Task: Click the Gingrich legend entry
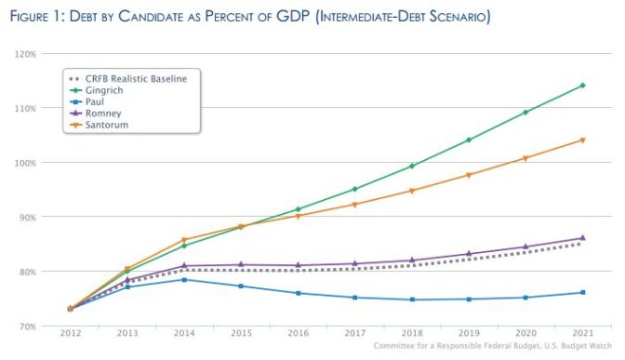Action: point(107,90)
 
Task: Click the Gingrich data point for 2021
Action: point(582,86)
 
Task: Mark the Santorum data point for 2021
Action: point(582,140)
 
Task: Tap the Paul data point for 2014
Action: point(184,279)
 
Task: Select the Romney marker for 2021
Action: point(582,237)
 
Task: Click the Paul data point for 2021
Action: point(582,292)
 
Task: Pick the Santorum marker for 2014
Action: point(184,240)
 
